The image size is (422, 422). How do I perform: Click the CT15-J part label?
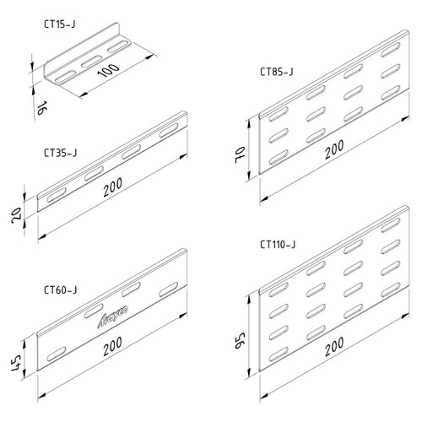pos(60,24)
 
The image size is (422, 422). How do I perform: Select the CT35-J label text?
pos(60,153)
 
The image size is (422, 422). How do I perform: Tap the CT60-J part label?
pos(60,289)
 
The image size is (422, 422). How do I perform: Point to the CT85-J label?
pos(276,72)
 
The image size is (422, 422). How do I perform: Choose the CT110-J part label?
pos(278,245)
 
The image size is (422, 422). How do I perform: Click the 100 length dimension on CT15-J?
pos(108,70)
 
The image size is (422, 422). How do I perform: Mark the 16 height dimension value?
pos(41,108)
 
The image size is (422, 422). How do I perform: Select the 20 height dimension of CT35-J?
pos(16,215)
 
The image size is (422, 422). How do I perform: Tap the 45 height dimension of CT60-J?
pos(16,363)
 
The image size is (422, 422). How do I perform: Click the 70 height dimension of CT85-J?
pos(241,155)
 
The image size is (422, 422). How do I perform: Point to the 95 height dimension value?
pos(241,341)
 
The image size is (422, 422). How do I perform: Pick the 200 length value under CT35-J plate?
pos(112,187)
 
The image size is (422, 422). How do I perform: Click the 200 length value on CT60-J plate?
pos(112,346)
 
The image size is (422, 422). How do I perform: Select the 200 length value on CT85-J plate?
pos(334,149)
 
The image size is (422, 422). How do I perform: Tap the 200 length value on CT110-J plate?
pos(334,347)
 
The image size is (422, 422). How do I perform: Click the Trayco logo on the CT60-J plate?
pos(112,316)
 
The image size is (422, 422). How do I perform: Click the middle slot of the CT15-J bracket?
pos(92,62)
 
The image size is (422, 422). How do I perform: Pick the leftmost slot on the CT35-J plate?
pos(57,195)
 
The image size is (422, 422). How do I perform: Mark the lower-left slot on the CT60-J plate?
pos(57,354)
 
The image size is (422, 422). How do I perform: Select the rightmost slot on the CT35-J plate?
pos(168,131)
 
